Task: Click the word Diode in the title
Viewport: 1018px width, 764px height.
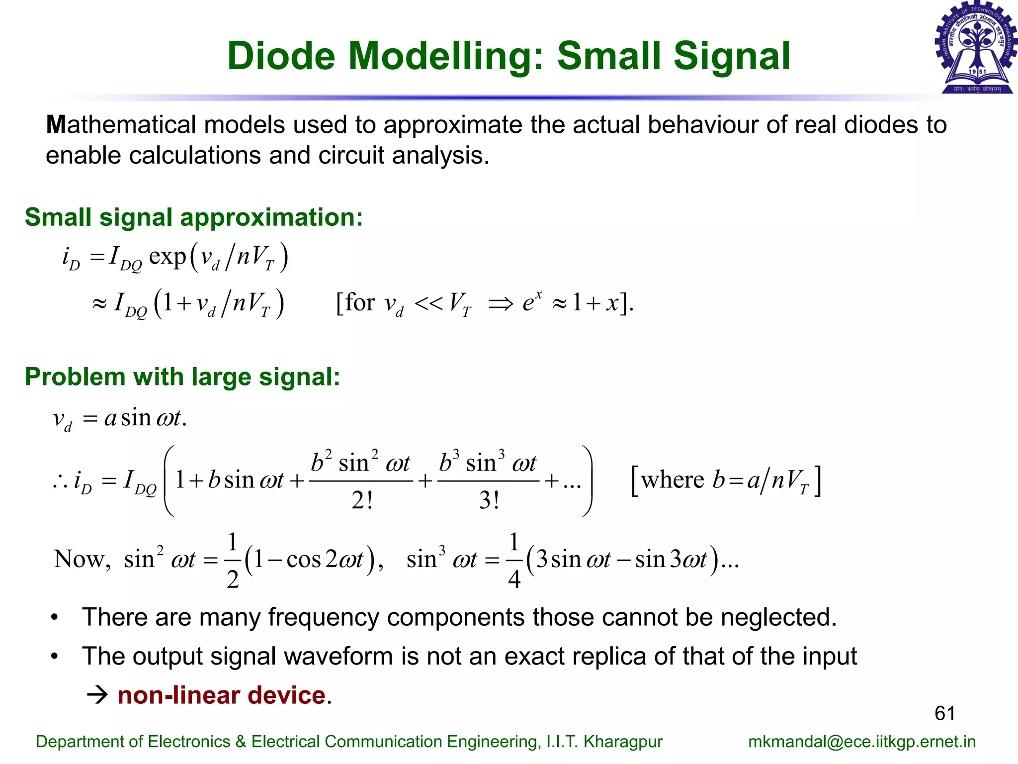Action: pyautogui.click(x=281, y=56)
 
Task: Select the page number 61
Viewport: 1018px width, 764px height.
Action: pyautogui.click(x=944, y=713)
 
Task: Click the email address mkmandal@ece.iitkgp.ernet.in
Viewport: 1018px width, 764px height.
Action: pyautogui.click(x=861, y=742)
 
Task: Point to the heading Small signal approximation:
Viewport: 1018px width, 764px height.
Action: pyautogui.click(x=194, y=217)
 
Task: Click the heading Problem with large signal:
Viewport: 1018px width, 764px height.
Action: pyautogui.click(x=182, y=377)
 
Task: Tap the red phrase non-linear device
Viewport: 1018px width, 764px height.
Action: pyautogui.click(x=222, y=695)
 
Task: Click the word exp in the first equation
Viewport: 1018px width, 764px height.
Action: pyautogui.click(x=167, y=257)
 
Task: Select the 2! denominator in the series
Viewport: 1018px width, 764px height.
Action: pyautogui.click(x=362, y=500)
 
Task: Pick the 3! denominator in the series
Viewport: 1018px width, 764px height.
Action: pyautogui.click(x=489, y=500)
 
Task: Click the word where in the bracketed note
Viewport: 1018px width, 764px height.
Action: pyautogui.click(x=672, y=480)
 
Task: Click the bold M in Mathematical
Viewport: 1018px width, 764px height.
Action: pyautogui.click(x=56, y=125)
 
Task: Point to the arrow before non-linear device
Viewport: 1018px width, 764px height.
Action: pyautogui.click(x=97, y=695)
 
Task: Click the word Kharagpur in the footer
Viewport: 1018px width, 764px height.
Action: pyautogui.click(x=623, y=742)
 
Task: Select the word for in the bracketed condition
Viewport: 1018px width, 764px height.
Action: pyautogui.click(x=360, y=302)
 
